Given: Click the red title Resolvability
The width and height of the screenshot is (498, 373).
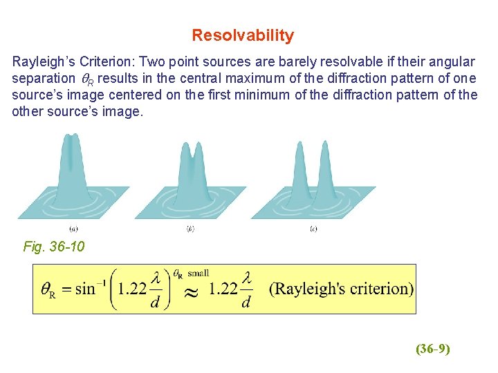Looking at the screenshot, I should (242, 35).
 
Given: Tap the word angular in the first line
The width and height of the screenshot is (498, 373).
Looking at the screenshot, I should (452, 61).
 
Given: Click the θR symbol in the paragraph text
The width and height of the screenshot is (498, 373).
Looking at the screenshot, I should (87, 79).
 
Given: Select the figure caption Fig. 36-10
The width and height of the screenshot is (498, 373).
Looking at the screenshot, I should (54, 247).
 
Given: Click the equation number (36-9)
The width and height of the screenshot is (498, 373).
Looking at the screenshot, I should (433, 349).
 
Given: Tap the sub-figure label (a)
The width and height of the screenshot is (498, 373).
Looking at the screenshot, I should (73, 229).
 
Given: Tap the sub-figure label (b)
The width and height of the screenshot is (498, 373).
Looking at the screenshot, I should (190, 229).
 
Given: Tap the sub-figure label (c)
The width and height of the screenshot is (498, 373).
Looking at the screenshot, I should (313, 229).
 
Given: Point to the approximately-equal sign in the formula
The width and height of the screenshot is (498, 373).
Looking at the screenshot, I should (192, 292).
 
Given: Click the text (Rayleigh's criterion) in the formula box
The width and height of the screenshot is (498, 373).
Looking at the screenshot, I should (341, 288).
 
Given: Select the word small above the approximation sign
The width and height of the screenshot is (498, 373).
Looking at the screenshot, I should (199, 274).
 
